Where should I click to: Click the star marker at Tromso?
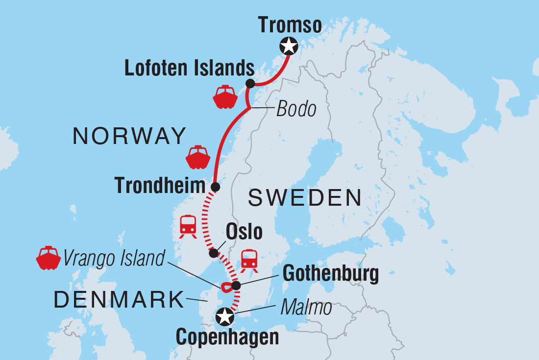coord(289,46)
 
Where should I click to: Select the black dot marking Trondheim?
coord(215,187)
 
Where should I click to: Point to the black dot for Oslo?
coord(213,253)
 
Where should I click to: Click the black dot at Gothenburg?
coord(236,285)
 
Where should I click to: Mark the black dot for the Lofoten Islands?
coord(249,83)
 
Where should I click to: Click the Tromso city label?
coord(290,24)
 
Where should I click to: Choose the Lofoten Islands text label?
coord(189,69)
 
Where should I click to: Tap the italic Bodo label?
coord(296,109)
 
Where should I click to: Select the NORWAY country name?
coord(130,136)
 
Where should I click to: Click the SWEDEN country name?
coord(305,198)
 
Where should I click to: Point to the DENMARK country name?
coord(119,300)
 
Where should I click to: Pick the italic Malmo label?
coord(306,308)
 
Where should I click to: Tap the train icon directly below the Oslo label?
coord(249,260)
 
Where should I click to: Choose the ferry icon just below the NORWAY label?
coord(197,157)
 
